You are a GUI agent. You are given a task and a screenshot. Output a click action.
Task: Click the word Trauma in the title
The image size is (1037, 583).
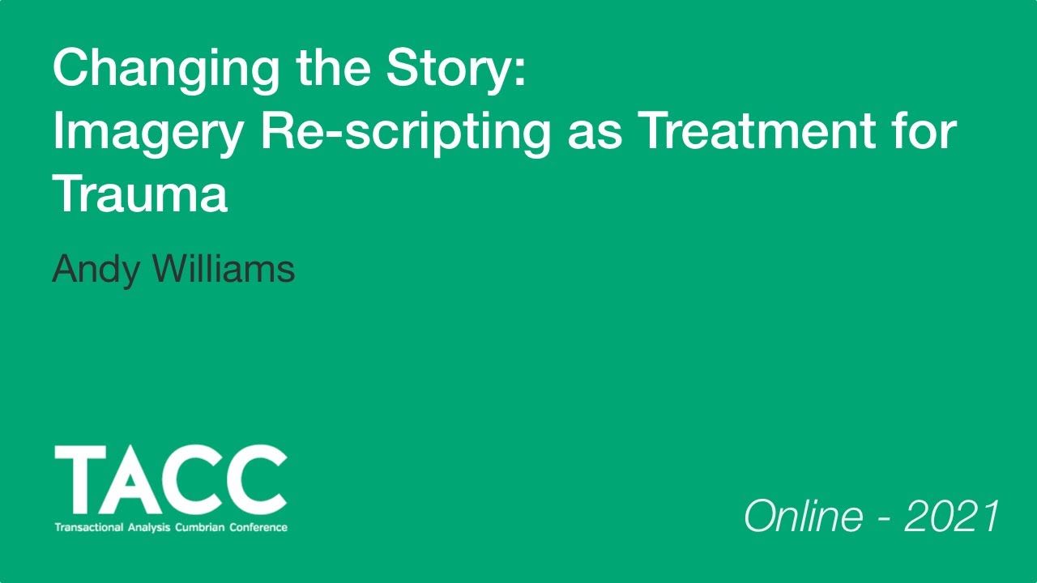pos(139,194)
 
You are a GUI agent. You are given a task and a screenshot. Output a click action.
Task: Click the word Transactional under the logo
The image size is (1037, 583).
pos(88,527)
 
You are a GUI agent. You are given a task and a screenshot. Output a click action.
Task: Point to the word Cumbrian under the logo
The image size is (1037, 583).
pos(201,527)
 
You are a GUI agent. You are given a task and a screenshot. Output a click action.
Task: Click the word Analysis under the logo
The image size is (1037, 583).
pos(149,527)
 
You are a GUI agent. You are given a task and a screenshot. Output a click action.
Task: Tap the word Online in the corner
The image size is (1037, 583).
pos(803,517)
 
